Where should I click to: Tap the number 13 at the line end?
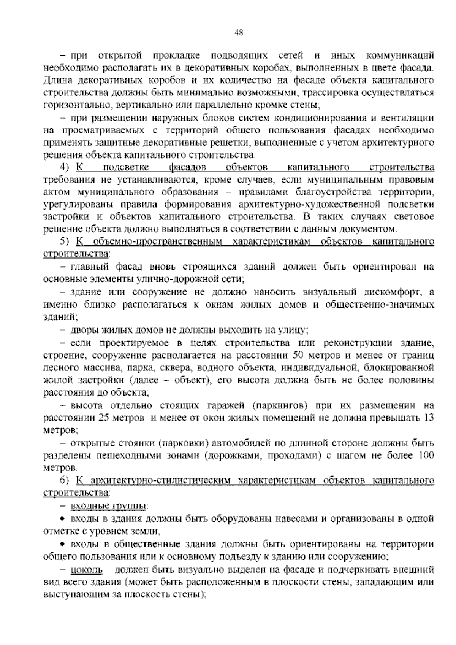coord(429,418)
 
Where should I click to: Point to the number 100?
coord(426,455)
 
